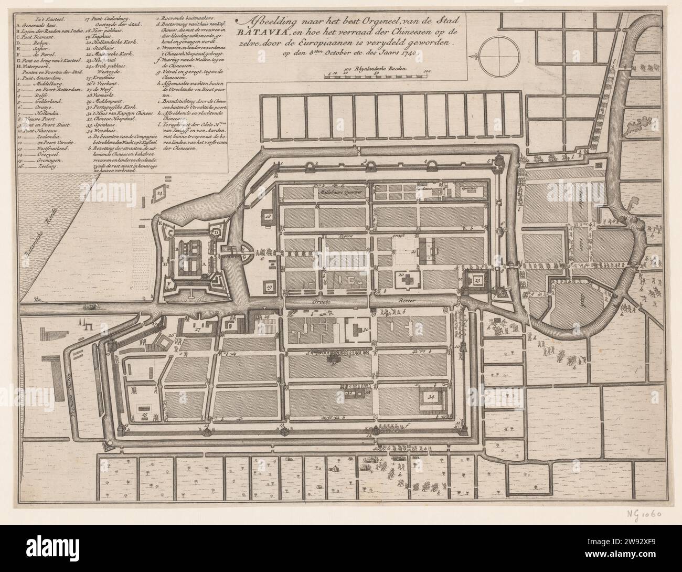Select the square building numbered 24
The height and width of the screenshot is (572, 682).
pyautogui.click(x=159, y=194)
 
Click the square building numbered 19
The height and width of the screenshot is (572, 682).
pyautogui.click(x=270, y=287)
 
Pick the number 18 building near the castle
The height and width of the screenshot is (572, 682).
pyautogui.click(x=269, y=216)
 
